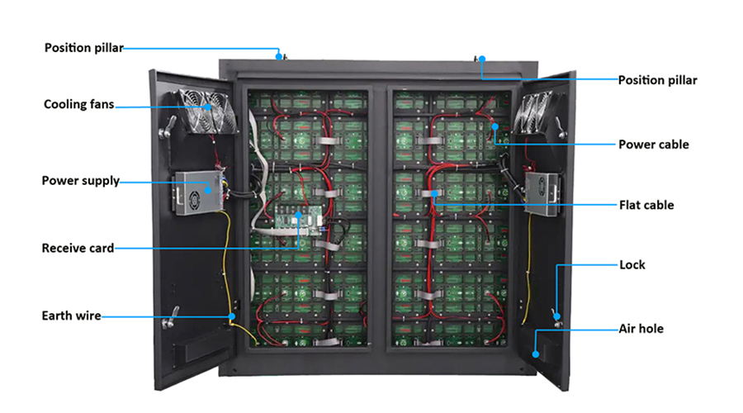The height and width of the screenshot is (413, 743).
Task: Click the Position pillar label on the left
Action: pyautogui.click(x=84, y=48)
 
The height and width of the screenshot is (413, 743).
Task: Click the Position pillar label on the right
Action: pyautogui.click(x=657, y=80)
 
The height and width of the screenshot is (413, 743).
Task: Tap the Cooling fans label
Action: pyautogui.click(x=78, y=104)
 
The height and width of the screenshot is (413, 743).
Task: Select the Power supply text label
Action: pyautogui.click(x=81, y=181)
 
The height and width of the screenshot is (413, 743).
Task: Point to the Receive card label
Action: pyautogui.click(x=78, y=248)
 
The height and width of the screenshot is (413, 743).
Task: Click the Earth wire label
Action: pyautogui.click(x=71, y=316)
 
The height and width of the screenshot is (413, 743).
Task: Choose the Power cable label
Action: pyautogui.click(x=654, y=145)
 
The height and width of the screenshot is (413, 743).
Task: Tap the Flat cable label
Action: pyautogui.click(x=646, y=206)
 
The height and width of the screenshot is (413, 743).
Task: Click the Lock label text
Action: pyautogui.click(x=632, y=265)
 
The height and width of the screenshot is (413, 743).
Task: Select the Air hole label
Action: pyautogui.click(x=641, y=329)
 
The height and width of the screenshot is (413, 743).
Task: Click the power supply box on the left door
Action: pyautogui.click(x=199, y=193)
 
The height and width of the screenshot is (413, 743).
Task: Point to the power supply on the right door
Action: pyautogui.click(x=542, y=194)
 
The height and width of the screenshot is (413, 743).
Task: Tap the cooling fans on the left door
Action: pyautogui.click(x=207, y=112)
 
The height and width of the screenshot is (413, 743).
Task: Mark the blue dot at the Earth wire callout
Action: pyautogui.click(x=232, y=316)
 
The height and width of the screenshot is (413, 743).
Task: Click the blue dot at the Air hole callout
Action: pyautogui.click(x=536, y=354)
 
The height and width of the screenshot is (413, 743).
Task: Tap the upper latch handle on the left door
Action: pyautogui.click(x=168, y=127)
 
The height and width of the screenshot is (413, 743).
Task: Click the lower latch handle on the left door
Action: pyautogui.click(x=171, y=318)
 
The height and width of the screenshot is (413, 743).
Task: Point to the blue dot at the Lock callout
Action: pyautogui.click(x=557, y=316)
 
